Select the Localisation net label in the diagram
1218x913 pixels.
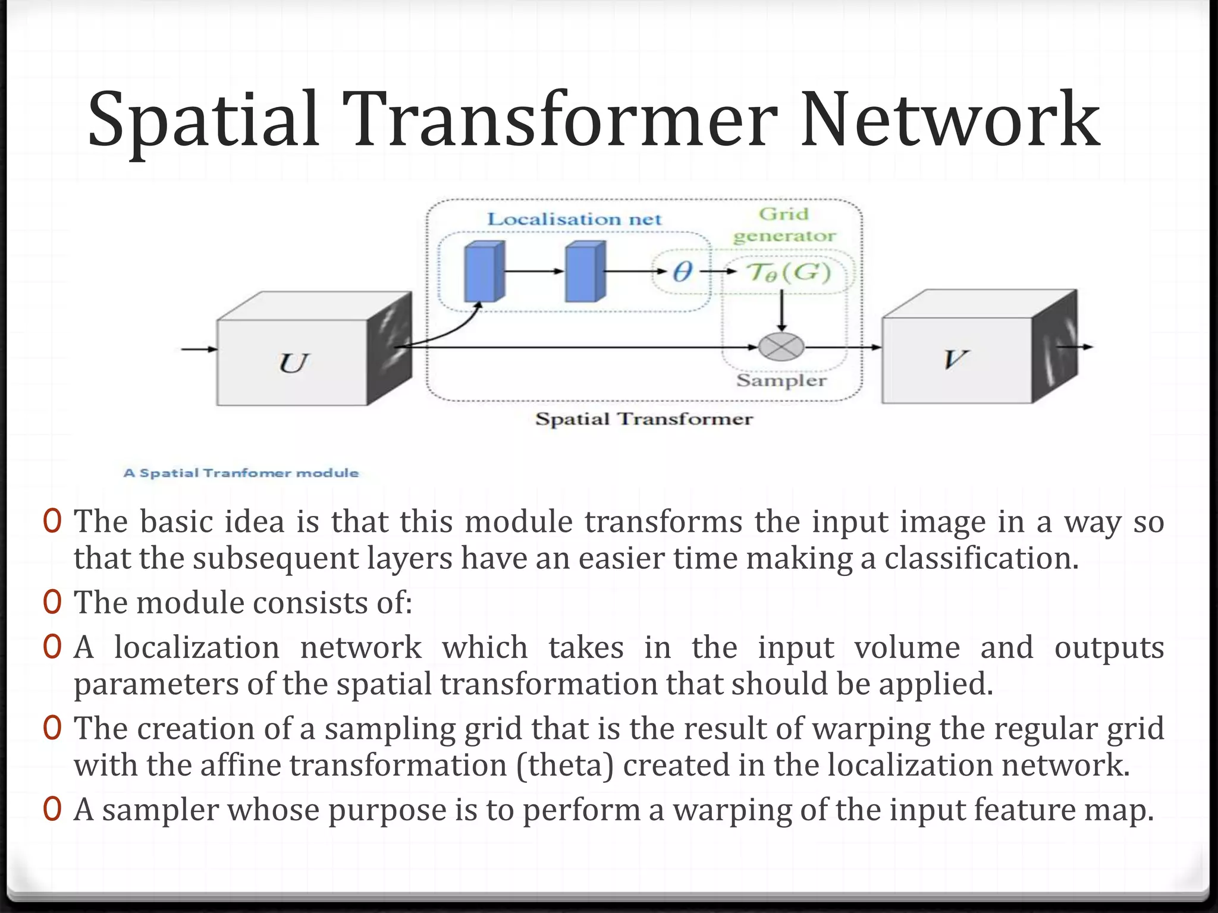click(574, 219)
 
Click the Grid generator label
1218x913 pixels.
click(784, 225)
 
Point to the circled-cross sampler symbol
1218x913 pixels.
click(781, 347)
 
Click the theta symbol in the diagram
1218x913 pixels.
click(682, 272)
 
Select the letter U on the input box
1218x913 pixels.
click(293, 363)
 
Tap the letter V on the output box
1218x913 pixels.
click(955, 359)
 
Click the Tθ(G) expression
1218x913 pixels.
click(789, 272)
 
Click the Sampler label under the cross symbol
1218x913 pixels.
click(781, 380)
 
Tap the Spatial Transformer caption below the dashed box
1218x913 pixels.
click(643, 419)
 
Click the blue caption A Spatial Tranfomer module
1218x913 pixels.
click(241, 473)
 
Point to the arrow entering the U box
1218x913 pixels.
click(199, 349)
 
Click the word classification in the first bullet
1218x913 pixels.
click(981, 558)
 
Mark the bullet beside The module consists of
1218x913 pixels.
click(52, 602)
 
